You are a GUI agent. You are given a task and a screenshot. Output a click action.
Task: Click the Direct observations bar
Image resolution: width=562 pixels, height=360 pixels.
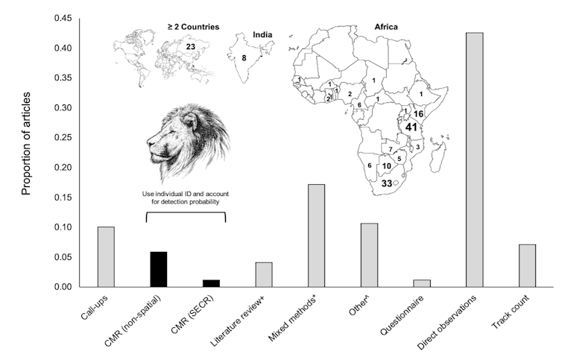tap(474, 160)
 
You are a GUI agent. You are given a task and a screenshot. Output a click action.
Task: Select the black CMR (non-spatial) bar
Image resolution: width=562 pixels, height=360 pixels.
tap(158, 270)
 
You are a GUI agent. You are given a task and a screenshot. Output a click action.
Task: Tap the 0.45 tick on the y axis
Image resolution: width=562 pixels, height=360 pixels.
tap(63, 19)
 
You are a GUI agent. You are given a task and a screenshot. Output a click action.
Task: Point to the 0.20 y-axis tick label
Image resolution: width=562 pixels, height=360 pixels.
tap(63, 168)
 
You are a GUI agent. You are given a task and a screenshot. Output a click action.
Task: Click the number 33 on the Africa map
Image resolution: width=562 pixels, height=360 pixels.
tap(388, 183)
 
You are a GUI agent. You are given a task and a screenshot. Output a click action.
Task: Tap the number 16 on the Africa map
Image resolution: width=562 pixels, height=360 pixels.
tap(418, 114)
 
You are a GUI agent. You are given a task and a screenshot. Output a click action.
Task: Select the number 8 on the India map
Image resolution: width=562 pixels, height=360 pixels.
tap(244, 57)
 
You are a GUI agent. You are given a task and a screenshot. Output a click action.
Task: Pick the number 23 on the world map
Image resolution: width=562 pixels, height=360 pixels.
tap(191, 47)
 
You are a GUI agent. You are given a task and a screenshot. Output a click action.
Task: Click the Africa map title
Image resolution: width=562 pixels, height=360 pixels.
tap(385, 27)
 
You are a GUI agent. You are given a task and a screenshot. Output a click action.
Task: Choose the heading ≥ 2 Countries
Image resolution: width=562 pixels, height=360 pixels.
tap(192, 27)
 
